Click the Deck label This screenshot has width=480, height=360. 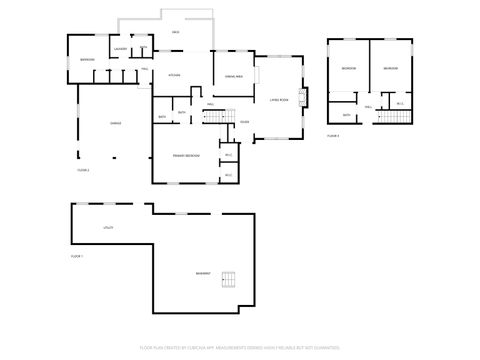(x=175, y=33)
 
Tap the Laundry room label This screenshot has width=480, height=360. (x=119, y=48)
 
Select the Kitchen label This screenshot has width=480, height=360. (x=173, y=75)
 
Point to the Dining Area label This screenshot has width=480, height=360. (x=233, y=75)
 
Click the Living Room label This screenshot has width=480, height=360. (x=279, y=98)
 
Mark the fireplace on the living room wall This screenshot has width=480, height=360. (x=303, y=97)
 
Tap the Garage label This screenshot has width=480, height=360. (x=116, y=123)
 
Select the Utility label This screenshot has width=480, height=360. (x=108, y=228)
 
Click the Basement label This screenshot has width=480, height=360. (x=204, y=273)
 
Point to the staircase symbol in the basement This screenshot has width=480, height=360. (x=231, y=279)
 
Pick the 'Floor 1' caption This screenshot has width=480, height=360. (x=76, y=257)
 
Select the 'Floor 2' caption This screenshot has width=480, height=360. (x=83, y=170)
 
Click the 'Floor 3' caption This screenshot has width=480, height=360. (x=333, y=134)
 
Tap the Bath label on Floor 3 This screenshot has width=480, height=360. (x=346, y=115)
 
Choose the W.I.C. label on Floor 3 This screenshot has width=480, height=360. (x=400, y=103)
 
